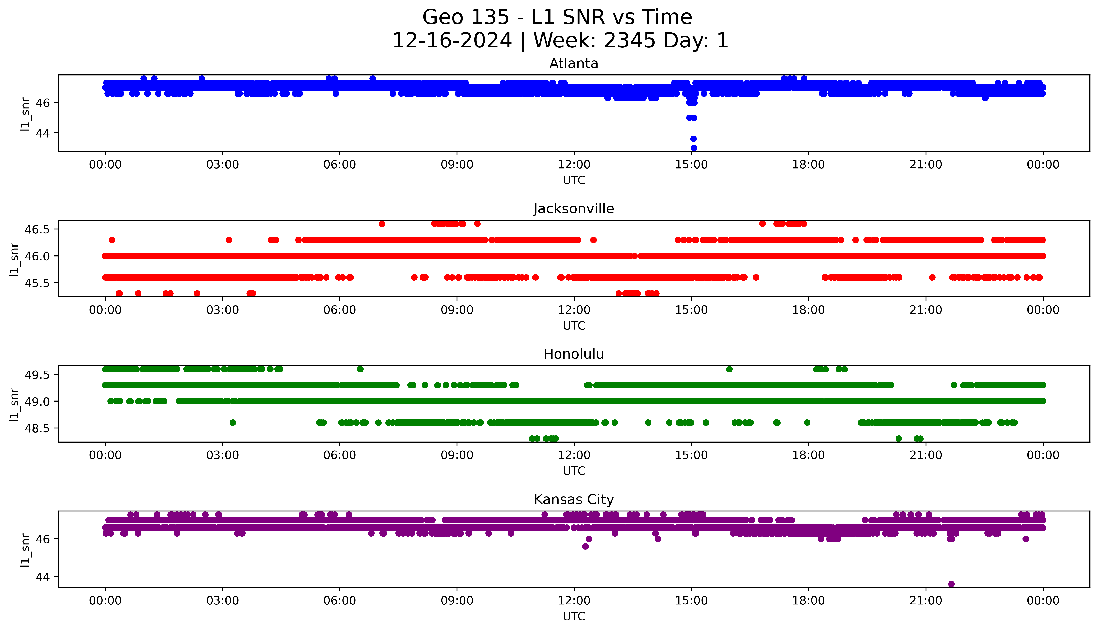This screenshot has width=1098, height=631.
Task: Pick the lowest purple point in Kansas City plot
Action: [951, 584]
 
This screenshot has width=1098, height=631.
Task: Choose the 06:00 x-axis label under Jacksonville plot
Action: [340, 310]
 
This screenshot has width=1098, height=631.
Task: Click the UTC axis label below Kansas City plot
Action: [574, 616]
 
